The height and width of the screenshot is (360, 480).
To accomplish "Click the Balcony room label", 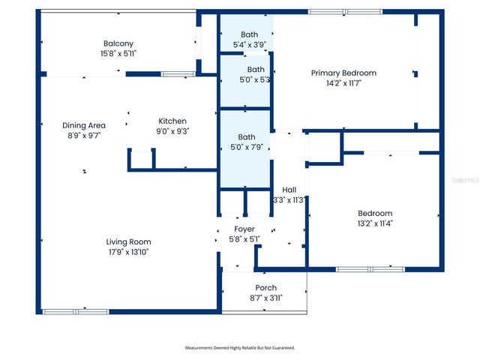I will tap(118, 43).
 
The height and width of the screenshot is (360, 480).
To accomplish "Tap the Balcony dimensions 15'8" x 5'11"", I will tap(118, 54).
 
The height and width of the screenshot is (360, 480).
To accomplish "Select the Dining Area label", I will tap(83, 125).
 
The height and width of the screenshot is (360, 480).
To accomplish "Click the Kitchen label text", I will tap(172, 121).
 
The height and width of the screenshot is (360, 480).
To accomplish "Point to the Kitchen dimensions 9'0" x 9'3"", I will tap(172, 131).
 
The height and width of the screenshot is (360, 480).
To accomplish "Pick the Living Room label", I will tap(128, 241).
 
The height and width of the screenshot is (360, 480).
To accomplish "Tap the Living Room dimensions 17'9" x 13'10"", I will tap(128, 252).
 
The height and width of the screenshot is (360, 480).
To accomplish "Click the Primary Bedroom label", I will tap(343, 73).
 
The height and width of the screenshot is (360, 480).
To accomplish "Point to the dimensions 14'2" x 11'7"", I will tap(343, 84).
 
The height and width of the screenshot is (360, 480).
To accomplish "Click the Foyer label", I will tap(244, 229).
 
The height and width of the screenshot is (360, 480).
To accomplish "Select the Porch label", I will tap(265, 287).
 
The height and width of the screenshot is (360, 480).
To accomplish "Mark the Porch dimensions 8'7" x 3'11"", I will tap(265, 298).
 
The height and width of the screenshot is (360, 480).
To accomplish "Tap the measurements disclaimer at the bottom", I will tap(240, 348).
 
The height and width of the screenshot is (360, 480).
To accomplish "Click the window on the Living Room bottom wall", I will tap(65, 311).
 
